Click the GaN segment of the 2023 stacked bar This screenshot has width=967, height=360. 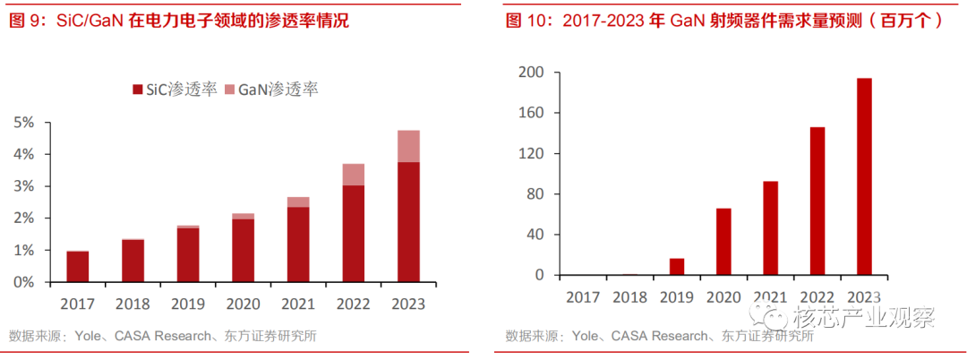(408, 146)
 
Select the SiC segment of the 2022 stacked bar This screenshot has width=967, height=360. (354, 233)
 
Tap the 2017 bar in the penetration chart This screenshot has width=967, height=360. (78, 266)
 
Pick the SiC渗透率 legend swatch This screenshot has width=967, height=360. (137, 89)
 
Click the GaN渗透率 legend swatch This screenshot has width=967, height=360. (229, 89)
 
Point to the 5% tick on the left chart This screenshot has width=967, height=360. (25, 123)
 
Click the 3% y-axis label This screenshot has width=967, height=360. (25, 186)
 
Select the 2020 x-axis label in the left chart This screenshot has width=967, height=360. (243, 304)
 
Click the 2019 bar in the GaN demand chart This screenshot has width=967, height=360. (677, 266)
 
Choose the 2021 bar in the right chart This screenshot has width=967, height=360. (770, 227)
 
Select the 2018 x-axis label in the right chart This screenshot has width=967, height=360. (630, 296)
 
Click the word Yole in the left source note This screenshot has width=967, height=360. (89, 337)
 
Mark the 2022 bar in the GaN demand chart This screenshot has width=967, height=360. (817, 201)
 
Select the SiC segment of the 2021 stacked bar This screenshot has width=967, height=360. (298, 244)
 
